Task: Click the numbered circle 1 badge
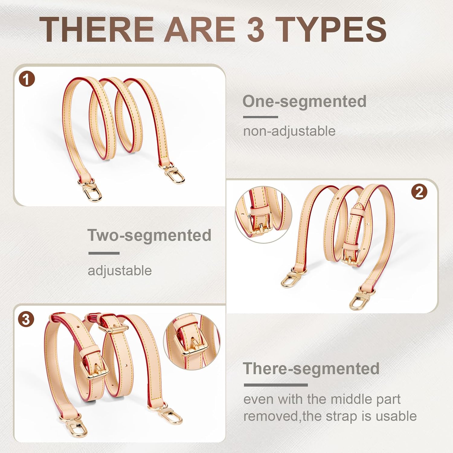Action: pyautogui.click(x=27, y=79)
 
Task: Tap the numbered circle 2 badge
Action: pyautogui.click(x=419, y=192)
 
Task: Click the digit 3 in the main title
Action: pyautogui.click(x=256, y=29)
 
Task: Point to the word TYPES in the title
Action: pyautogui.click(x=331, y=29)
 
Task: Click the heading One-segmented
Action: pyautogui.click(x=304, y=101)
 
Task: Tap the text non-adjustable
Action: pyautogui.click(x=289, y=131)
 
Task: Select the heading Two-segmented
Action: pyautogui.click(x=149, y=235)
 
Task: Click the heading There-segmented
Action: pyautogui.click(x=311, y=369)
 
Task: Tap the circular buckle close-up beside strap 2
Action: pyautogui.click(x=264, y=215)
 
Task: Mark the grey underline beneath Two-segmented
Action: pyautogui.click(x=104, y=253)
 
